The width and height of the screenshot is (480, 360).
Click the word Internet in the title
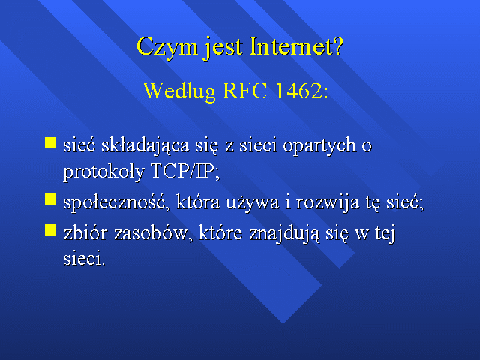click(x=290, y=46)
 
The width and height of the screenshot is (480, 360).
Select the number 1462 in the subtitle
click(x=298, y=90)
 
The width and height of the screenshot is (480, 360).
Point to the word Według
click(x=180, y=91)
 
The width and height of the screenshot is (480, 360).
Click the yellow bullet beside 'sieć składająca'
click(x=50, y=143)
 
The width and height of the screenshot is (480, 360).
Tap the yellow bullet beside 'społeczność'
click(x=50, y=199)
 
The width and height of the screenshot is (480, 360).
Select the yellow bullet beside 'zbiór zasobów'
click(x=50, y=230)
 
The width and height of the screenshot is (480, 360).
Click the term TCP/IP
click(x=184, y=171)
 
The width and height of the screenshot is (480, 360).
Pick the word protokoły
click(x=103, y=172)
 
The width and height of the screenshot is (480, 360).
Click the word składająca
click(x=145, y=146)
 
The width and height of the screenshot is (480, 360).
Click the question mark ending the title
click(x=338, y=46)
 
